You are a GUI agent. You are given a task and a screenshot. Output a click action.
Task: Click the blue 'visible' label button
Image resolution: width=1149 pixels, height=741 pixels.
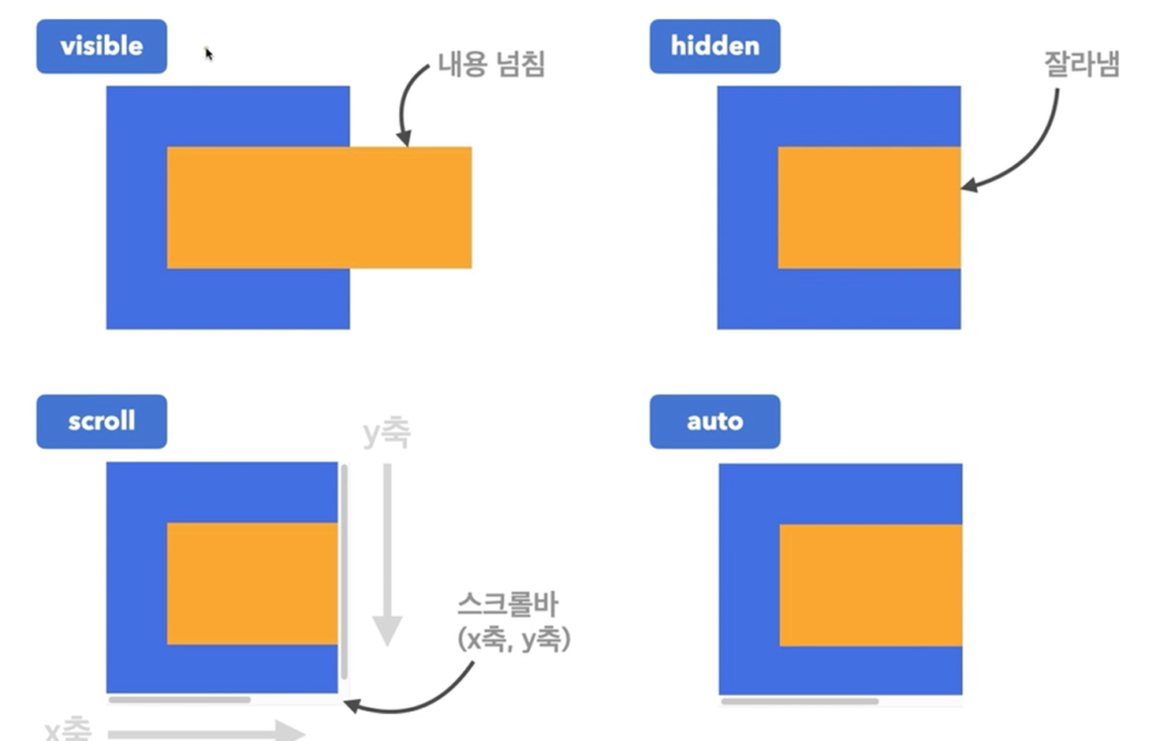point(102,47)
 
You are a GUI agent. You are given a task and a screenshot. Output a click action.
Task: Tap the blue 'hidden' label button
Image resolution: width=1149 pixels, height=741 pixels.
point(714,47)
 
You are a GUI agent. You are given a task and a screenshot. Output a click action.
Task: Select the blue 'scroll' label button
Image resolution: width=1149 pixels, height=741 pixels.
point(102,422)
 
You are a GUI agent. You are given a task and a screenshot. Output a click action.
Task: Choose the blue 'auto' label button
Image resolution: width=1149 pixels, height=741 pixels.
point(714,422)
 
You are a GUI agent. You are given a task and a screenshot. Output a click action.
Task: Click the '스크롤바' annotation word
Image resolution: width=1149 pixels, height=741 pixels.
point(508,605)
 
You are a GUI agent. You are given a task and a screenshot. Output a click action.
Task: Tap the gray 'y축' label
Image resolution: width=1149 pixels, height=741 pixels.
point(386,433)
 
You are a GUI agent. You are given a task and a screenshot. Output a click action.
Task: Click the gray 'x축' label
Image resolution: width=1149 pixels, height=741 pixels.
point(68,729)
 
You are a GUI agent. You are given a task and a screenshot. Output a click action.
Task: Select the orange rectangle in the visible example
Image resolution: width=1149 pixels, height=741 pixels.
point(319,207)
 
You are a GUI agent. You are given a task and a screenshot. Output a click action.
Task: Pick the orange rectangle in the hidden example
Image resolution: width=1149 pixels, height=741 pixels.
point(869,207)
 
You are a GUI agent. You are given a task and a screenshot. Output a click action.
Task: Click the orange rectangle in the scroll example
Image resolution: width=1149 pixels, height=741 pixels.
point(252,583)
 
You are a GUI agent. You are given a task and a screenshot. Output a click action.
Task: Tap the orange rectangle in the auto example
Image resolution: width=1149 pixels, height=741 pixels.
point(871,585)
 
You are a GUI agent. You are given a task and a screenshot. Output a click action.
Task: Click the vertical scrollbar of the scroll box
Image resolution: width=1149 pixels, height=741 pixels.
point(345,572)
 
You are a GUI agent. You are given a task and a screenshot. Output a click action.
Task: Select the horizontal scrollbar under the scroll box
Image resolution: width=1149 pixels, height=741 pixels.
point(180,699)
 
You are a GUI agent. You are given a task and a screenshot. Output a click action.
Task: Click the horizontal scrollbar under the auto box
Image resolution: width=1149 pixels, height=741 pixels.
point(800,701)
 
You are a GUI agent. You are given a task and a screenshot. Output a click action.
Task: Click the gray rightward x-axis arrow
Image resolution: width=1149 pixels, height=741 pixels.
point(205,733)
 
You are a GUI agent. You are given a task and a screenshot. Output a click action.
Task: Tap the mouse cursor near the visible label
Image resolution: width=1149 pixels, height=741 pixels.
point(208,54)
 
